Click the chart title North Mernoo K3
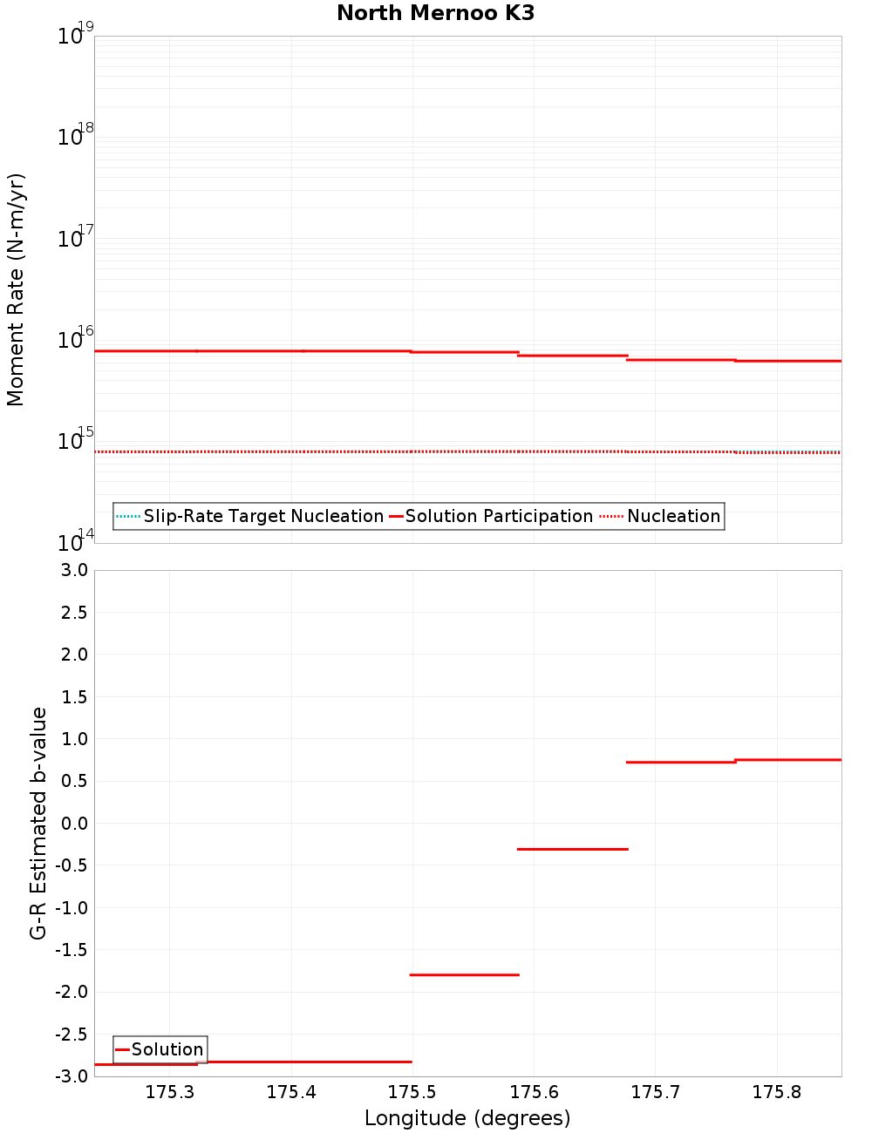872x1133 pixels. pos(435,13)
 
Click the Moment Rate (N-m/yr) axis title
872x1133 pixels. pos(16,289)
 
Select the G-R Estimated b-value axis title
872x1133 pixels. pos(38,823)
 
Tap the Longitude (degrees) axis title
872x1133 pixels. pos(467,1118)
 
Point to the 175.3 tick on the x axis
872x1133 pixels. pos(170,1093)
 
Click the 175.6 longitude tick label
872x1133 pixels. pos(534,1093)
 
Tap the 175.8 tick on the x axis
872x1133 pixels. pos(777,1093)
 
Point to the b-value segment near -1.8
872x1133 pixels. pos(464,974)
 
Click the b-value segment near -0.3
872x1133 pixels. pos(572,849)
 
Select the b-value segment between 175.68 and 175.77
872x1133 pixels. pos(681,763)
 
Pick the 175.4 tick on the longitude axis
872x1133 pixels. pos(291,1093)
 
